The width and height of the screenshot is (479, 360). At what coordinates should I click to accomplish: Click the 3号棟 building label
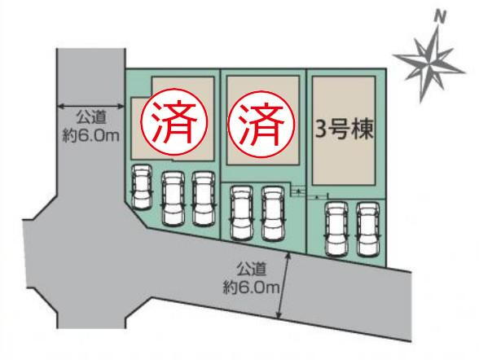point(345,130)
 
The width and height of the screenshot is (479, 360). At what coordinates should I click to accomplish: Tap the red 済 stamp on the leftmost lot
point(174,122)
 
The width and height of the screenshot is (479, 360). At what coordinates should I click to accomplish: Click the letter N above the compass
point(440,17)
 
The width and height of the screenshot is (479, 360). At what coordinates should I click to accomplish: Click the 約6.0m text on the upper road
point(90,135)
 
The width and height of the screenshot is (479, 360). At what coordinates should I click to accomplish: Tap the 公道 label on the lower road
point(251,270)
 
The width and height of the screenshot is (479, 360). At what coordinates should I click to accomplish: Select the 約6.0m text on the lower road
point(251,288)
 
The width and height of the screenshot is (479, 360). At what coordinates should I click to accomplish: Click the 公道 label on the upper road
point(91,117)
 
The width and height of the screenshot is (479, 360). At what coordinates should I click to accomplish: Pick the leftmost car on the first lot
point(141,187)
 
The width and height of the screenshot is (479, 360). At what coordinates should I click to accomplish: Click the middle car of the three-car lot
point(173,199)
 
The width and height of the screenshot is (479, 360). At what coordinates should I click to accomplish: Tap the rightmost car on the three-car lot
point(204,199)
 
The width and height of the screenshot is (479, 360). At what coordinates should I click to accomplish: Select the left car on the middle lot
point(242,213)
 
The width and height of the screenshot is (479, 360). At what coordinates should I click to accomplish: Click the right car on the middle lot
point(273,213)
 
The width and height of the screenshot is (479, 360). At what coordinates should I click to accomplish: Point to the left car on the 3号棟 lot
point(336,229)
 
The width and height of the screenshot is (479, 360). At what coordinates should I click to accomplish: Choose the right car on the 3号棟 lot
point(368,229)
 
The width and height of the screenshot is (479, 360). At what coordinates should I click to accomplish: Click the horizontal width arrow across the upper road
point(90,106)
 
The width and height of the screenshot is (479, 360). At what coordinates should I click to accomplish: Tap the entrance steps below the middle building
point(298,191)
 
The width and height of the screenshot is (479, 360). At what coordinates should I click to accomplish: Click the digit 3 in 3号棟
point(320,130)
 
